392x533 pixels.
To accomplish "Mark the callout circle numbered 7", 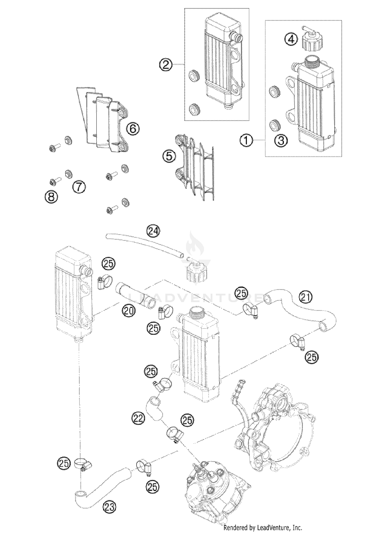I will click(79, 187).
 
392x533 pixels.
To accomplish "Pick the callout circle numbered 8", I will click(51, 196).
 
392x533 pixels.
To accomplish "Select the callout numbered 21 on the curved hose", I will click(306, 297).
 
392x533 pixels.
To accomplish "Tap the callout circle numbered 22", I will click(138, 419).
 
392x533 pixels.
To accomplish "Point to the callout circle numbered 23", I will click(109, 507).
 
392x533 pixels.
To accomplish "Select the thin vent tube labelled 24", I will click(144, 244).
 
